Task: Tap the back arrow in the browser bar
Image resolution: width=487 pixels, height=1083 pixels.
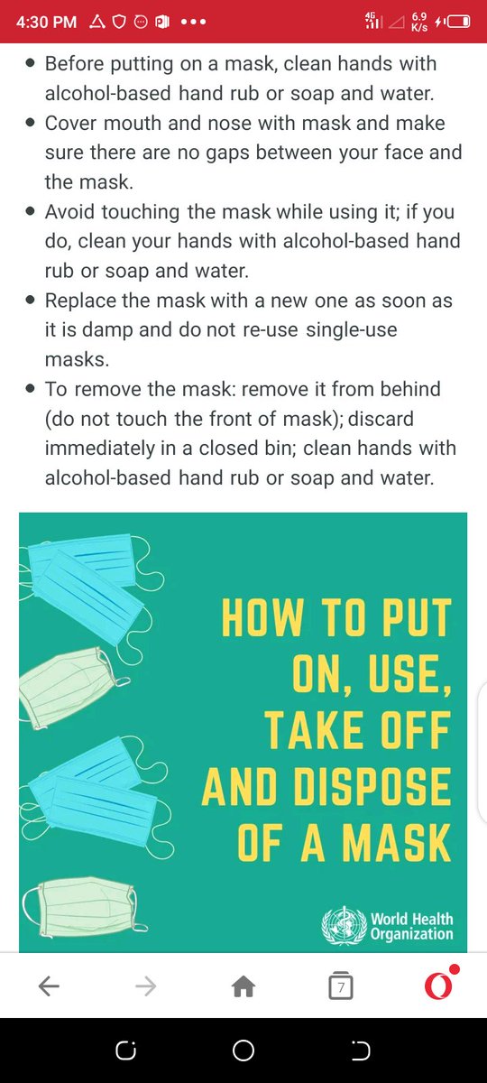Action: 49,986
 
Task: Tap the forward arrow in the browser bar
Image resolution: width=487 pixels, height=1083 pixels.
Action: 146,986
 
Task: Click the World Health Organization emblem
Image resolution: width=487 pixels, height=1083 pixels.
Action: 344,925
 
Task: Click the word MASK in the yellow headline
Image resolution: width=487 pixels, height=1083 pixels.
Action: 396,843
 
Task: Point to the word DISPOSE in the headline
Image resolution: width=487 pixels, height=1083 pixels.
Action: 372,787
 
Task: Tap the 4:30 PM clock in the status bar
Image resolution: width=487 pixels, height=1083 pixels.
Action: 46,22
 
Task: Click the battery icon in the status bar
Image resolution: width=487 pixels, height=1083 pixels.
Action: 458,22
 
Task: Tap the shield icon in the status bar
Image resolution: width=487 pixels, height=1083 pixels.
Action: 119,22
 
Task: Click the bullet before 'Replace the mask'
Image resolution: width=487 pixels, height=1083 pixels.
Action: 31,301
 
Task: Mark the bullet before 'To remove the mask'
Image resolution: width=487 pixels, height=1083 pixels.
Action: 31,389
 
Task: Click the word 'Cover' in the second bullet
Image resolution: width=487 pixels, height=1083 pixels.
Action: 71,124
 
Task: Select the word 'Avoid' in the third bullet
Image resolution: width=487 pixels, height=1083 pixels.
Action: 69,212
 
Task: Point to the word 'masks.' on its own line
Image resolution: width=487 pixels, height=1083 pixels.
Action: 78,359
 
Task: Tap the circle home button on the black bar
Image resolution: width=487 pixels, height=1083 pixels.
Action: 243,1051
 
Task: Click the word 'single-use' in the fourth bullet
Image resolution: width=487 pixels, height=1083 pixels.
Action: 352,329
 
